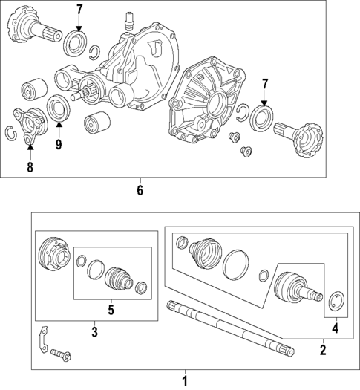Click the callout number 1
pyautogui.click(x=185, y=381)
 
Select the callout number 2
pyautogui.click(x=322, y=349)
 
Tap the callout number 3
pyautogui.click(x=95, y=331)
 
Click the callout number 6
pyautogui.click(x=140, y=190)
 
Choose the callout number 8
pyautogui.click(x=30, y=167)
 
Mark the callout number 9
pyautogui.click(x=58, y=144)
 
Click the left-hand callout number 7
pyautogui.click(x=79, y=10)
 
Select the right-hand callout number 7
pyautogui.click(x=264, y=85)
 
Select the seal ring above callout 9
pyautogui.click(x=58, y=109)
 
